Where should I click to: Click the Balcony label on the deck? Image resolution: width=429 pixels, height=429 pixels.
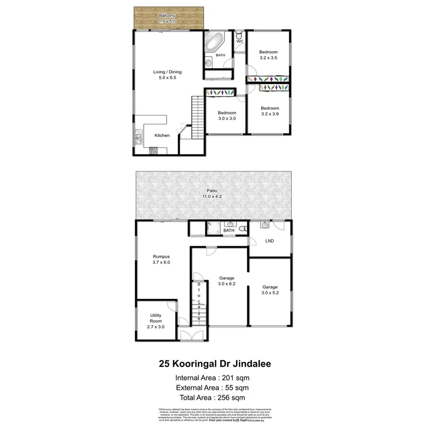pyautogui.click(x=168, y=15)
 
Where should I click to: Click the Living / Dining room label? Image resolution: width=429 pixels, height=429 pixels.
pyautogui.click(x=168, y=72)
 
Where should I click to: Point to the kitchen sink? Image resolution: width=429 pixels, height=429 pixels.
pyautogui.click(x=139, y=137)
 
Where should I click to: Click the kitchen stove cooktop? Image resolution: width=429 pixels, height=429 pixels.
pyautogui.click(x=154, y=150)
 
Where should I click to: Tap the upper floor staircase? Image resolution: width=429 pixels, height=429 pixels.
pyautogui.click(x=197, y=113)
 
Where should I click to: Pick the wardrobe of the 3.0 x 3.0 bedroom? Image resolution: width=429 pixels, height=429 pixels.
pyautogui.click(x=220, y=93)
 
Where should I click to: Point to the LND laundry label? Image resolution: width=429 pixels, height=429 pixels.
pyautogui.click(x=270, y=241)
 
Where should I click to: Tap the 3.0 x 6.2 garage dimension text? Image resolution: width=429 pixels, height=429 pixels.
pyautogui.click(x=226, y=284)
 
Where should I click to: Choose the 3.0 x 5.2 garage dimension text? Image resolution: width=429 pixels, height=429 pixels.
pyautogui.click(x=270, y=292)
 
